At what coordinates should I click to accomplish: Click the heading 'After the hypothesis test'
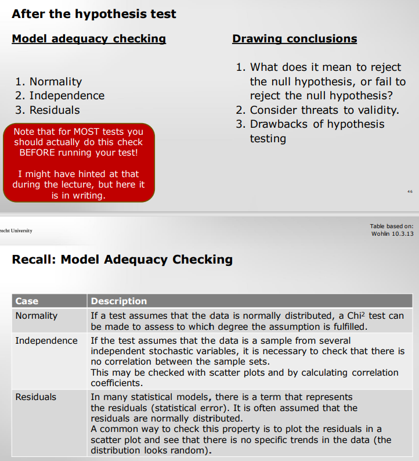tap(93, 14)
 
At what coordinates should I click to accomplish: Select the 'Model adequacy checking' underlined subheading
tap(89, 39)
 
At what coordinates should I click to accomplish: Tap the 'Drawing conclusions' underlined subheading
tap(294, 39)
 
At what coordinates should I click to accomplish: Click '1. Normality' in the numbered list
tap(48, 82)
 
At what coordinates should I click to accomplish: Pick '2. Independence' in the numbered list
tap(60, 96)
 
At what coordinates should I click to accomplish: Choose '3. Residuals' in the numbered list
tap(48, 110)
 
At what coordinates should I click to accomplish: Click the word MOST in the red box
tap(89, 132)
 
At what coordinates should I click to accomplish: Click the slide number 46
tap(410, 191)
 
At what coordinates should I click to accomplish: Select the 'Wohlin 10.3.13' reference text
tap(392, 233)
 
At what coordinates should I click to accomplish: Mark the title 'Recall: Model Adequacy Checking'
tap(122, 260)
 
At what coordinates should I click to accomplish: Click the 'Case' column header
tap(27, 301)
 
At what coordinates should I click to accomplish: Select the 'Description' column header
tap(118, 301)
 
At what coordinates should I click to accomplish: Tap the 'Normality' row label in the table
tap(37, 316)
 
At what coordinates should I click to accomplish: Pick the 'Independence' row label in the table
tap(46, 340)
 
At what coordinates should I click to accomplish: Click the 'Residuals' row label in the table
tap(36, 397)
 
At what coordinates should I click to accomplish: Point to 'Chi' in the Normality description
tap(353, 316)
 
